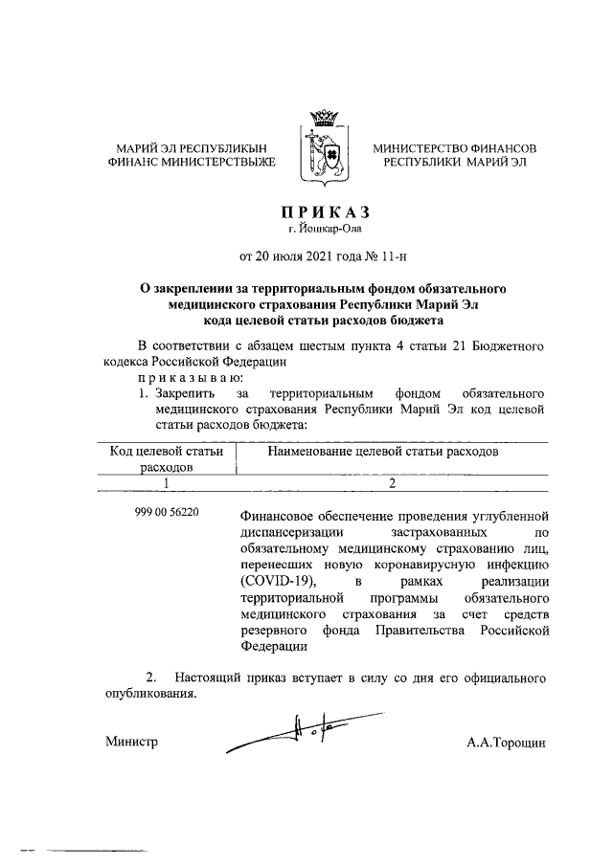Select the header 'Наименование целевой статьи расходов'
point(383,451)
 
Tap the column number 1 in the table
point(166,484)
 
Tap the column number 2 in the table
point(392,484)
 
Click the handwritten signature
point(306,732)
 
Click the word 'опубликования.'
point(149,694)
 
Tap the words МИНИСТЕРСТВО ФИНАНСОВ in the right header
point(454,148)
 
